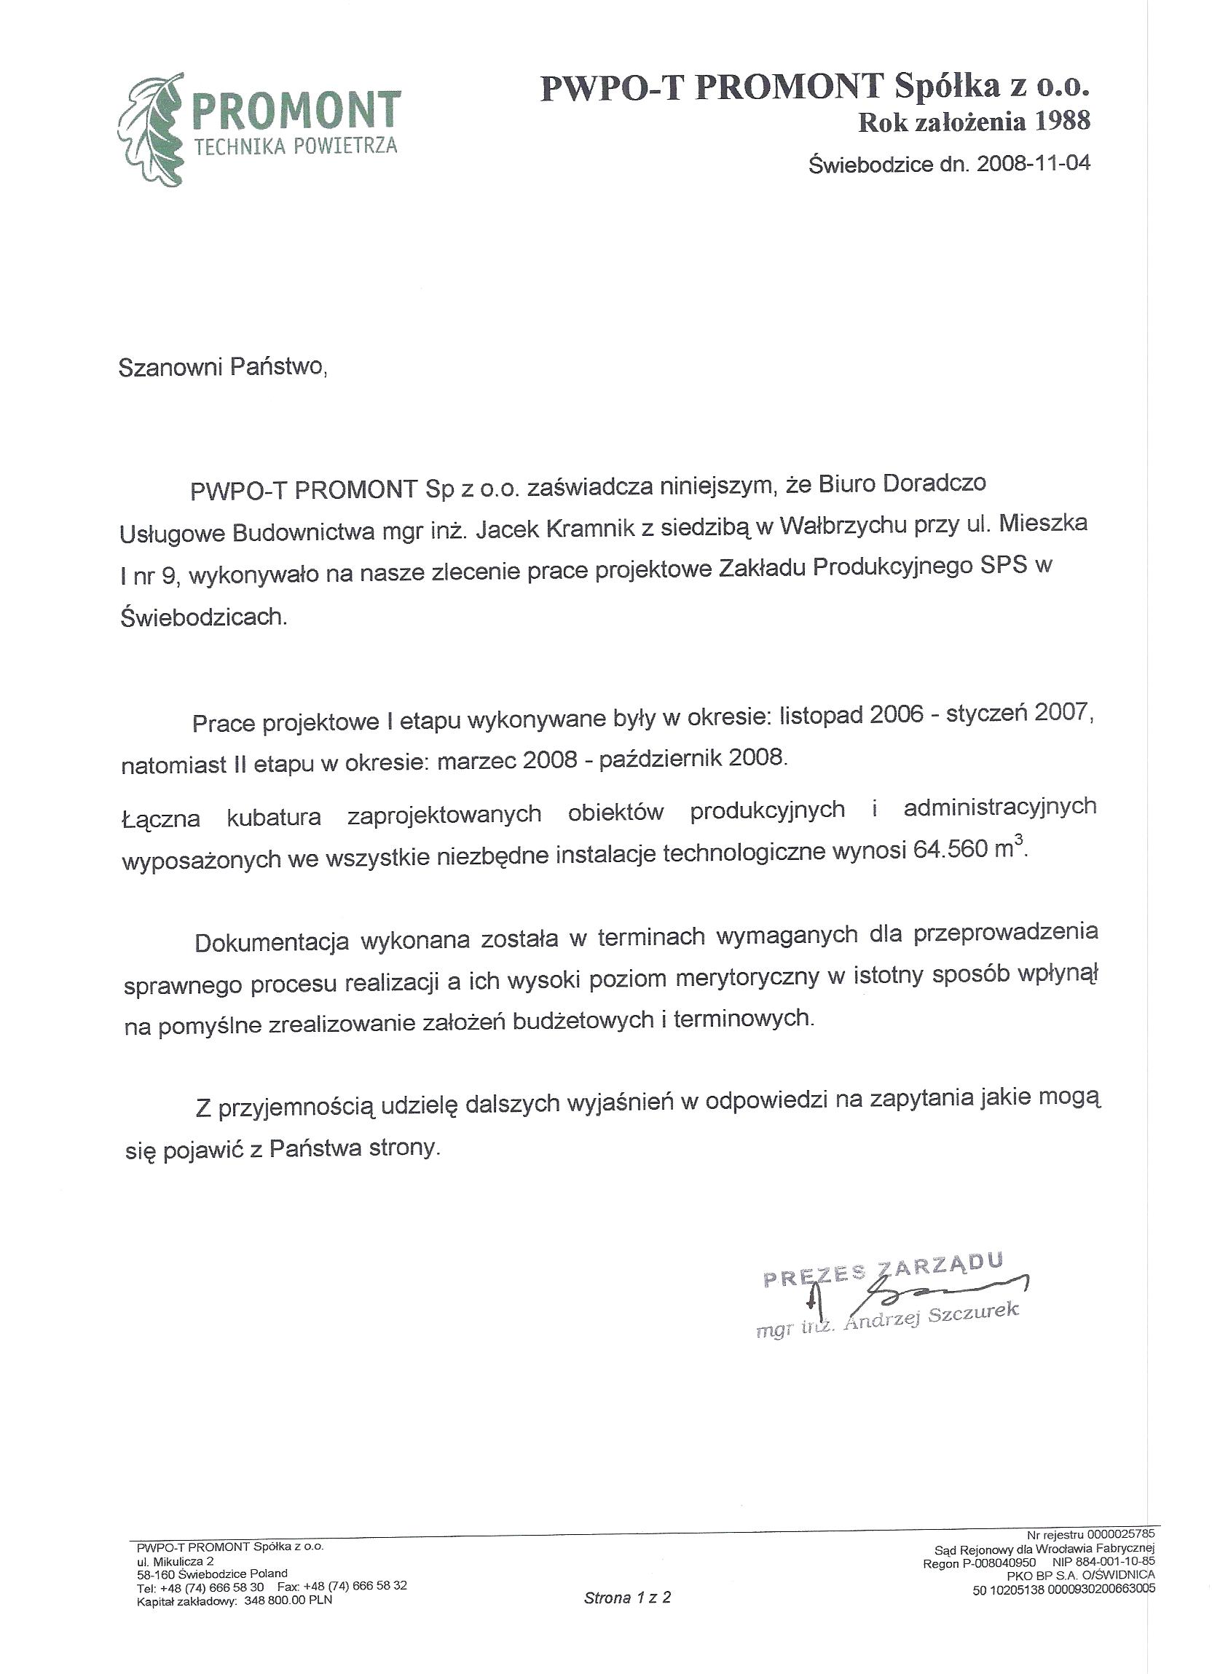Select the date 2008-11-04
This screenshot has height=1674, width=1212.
coord(1033,163)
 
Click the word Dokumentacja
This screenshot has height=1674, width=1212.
coord(272,942)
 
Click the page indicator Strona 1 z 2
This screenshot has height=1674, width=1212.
coord(627,1599)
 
